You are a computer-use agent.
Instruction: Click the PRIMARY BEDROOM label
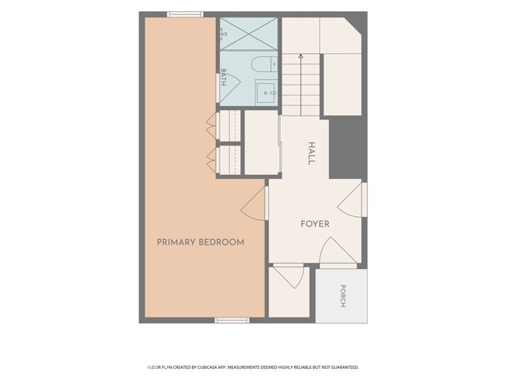[x=200, y=242]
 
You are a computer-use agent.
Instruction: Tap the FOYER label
[x=315, y=224]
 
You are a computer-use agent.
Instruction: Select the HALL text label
[x=311, y=153]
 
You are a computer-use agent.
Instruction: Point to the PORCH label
[x=343, y=296]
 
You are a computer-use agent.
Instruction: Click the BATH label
[x=223, y=77]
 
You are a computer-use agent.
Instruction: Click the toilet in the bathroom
[x=264, y=64]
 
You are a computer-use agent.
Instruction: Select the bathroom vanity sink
[x=266, y=93]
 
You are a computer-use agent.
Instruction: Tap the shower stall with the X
[x=248, y=34]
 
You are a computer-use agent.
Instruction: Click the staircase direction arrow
[x=300, y=85]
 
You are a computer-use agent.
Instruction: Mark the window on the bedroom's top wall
[x=185, y=14]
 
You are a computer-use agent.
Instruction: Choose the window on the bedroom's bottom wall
[x=232, y=320]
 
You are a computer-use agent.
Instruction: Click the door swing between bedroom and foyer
[x=255, y=204]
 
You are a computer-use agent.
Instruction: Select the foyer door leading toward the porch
[x=338, y=252]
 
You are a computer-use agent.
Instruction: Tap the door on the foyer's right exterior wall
[x=352, y=200]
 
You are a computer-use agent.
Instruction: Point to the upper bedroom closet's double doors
[x=213, y=125]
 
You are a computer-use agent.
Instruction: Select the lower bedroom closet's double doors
[x=213, y=160]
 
